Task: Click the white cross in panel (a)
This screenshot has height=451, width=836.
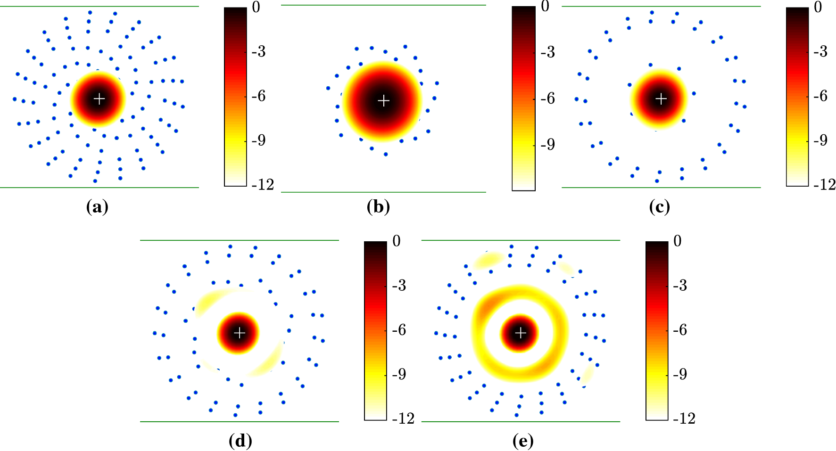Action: click(99, 99)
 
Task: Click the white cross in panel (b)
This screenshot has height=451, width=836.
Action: click(384, 100)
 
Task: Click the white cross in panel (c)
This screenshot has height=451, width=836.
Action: click(662, 98)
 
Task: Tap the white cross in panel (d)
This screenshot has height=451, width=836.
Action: click(240, 333)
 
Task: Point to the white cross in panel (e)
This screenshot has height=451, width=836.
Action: click(521, 333)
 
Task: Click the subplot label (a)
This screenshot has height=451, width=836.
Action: click(97, 207)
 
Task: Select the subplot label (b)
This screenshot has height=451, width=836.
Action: click(378, 207)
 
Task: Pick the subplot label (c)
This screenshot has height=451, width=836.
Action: click(659, 207)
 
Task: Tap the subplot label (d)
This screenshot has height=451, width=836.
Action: click(240, 441)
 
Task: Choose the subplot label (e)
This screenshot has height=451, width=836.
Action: click(523, 441)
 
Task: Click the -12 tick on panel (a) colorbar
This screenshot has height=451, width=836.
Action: click(263, 185)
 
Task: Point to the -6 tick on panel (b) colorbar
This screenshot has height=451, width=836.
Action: click(547, 98)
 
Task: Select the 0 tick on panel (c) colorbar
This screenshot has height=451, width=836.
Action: click(818, 7)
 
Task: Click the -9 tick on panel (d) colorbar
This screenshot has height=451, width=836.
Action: click(399, 374)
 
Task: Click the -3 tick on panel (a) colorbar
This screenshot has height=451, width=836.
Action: click(258, 51)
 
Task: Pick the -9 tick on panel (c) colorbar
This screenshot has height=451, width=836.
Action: click(820, 140)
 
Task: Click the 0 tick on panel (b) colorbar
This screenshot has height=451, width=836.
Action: click(545, 7)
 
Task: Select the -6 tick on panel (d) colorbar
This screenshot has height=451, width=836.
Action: click(399, 330)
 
